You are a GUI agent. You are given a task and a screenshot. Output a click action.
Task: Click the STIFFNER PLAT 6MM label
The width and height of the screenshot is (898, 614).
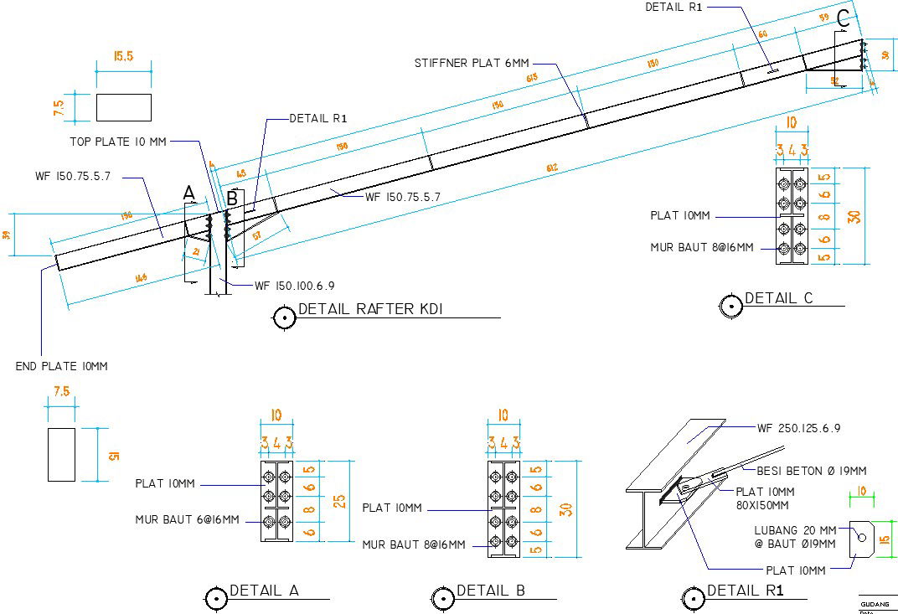point(472,63)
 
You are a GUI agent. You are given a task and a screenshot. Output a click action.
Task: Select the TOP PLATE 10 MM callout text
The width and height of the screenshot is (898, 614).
point(117,142)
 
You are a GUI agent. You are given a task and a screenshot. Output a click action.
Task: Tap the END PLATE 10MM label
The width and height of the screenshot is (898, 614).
point(61,366)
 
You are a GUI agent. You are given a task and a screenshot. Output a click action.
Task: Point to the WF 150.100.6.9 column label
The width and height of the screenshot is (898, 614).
point(294,286)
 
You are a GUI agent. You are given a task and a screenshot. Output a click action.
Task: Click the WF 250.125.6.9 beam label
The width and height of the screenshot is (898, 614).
point(798,428)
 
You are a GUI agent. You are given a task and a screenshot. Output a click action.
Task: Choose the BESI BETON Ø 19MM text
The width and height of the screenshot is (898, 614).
point(812,470)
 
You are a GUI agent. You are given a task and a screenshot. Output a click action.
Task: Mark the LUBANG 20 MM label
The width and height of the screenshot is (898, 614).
point(794,530)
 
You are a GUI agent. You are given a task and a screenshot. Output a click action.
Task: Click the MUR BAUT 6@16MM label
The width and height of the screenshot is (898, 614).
point(187,519)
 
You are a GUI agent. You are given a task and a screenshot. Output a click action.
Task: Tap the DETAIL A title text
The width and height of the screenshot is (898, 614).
point(264,591)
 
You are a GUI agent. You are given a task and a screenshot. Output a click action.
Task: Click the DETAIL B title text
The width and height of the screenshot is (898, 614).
point(491,591)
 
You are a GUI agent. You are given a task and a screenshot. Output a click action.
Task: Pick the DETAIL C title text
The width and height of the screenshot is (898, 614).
point(778,298)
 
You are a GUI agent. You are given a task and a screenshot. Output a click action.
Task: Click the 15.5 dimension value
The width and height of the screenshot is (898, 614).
point(123,57)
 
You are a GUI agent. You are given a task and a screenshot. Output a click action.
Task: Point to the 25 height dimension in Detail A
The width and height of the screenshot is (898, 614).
point(338,501)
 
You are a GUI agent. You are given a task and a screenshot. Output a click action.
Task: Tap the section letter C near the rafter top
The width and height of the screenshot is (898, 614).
point(844,16)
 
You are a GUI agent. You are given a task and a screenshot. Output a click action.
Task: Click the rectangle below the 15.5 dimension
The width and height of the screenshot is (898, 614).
point(123,107)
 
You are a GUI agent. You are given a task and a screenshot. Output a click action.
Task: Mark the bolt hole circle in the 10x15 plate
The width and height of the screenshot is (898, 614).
point(859,535)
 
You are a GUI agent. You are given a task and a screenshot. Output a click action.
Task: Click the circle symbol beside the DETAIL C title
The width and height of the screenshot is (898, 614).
point(731,306)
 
